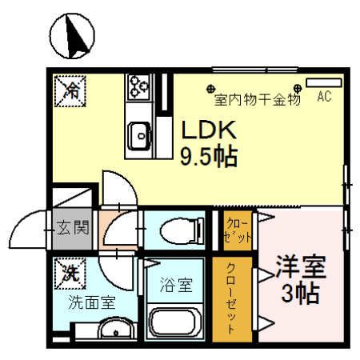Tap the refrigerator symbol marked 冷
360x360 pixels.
[66, 88]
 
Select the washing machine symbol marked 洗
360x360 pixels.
[66, 272]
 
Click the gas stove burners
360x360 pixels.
[138, 85]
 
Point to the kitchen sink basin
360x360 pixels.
[139, 135]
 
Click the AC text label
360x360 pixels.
[325, 98]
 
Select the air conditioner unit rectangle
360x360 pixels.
[323, 82]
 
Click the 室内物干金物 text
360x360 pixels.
[256, 101]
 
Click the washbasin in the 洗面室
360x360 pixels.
[117, 330]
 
